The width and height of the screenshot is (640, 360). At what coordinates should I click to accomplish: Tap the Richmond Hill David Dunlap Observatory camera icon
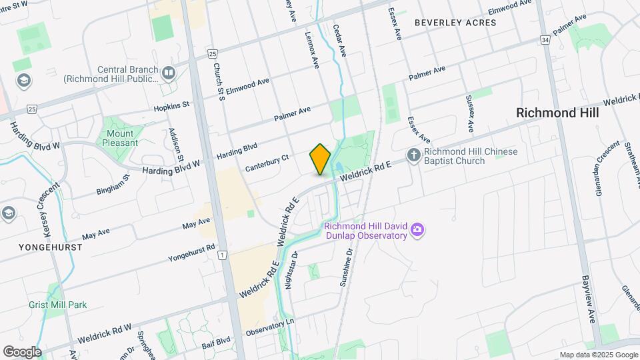[x=418, y=230]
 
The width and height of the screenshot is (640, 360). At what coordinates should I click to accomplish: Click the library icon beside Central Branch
[x=168, y=73]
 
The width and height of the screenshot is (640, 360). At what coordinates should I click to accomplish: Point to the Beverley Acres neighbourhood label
[x=455, y=23]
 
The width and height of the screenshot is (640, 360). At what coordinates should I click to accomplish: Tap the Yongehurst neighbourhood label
[x=41, y=247]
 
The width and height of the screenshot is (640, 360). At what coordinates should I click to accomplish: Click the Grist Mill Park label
[x=58, y=305]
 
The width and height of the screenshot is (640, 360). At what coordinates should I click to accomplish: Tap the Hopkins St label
[x=172, y=105]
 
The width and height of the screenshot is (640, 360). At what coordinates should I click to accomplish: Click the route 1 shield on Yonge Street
[x=223, y=254]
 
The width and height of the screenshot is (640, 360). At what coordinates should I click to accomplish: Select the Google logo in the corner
[x=22, y=351]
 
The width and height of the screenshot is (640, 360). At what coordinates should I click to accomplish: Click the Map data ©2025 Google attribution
[x=598, y=355]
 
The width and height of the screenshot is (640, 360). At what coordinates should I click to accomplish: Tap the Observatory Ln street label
[x=270, y=327]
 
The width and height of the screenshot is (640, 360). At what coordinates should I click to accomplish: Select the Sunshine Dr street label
[x=345, y=267]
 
